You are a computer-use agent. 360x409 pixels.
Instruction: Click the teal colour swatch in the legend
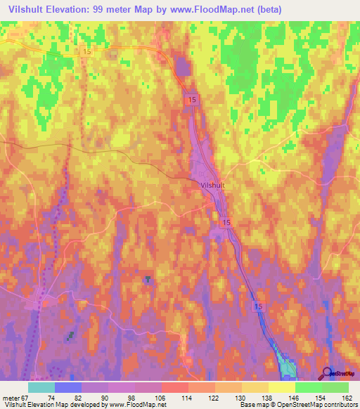coord(41,387)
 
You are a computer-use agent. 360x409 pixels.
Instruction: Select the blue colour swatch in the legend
coord(68,387)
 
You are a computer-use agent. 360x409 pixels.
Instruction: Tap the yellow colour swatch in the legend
coord(282,387)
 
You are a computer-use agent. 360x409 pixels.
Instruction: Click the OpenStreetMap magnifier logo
coord(327,373)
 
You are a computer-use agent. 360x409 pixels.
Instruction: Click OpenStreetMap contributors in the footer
coord(321,405)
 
